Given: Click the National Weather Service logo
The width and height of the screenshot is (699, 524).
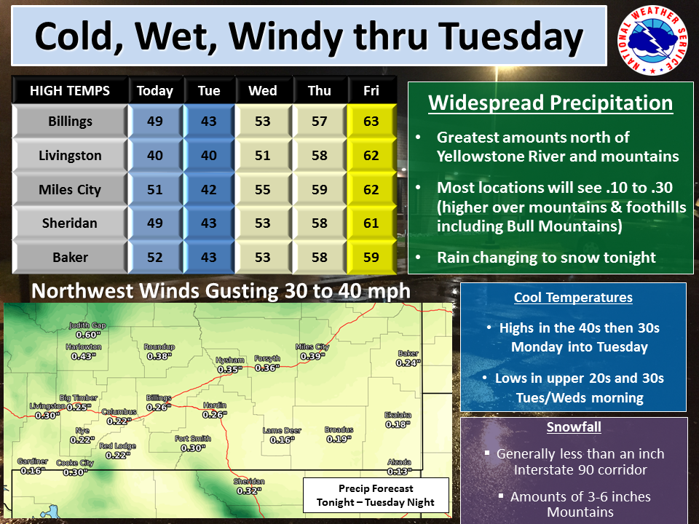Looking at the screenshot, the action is point(653,41).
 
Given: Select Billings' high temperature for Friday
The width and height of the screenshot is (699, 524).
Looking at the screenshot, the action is point(371,122).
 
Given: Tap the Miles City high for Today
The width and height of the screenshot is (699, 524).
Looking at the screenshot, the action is point(155,189).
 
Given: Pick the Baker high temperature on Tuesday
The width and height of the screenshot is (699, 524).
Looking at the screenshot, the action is point(209,257).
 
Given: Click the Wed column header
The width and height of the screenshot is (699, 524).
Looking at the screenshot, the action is point(263,90).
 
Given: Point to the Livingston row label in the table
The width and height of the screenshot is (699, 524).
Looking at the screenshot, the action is point(70,156).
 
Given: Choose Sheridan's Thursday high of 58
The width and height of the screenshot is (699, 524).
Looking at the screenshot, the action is point(320,223).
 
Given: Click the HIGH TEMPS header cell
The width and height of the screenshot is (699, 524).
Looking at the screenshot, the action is point(70,90).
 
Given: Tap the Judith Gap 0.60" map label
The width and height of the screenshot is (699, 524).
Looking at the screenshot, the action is point(87,330).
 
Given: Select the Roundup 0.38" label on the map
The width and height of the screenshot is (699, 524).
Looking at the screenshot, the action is point(159,352).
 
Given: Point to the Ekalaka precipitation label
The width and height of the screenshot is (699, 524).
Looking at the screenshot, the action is point(398,420).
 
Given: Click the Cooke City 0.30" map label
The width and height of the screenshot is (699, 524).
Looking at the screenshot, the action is point(75,468).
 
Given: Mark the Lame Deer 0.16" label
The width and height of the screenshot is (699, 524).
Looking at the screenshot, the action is point(282,435).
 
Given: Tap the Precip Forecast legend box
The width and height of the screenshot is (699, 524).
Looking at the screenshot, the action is point(376,496).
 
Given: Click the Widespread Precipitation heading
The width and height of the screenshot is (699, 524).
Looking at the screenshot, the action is point(550,103).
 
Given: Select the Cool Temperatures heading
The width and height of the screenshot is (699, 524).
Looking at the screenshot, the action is point(573,297).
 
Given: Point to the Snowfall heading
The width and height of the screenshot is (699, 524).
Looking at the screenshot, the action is point(574,427).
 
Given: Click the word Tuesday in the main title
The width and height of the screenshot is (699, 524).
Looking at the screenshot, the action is point(511,36).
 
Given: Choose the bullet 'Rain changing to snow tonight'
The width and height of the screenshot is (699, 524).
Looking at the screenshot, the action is point(546,258).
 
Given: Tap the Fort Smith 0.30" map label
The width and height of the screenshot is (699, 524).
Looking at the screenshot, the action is point(192,443).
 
